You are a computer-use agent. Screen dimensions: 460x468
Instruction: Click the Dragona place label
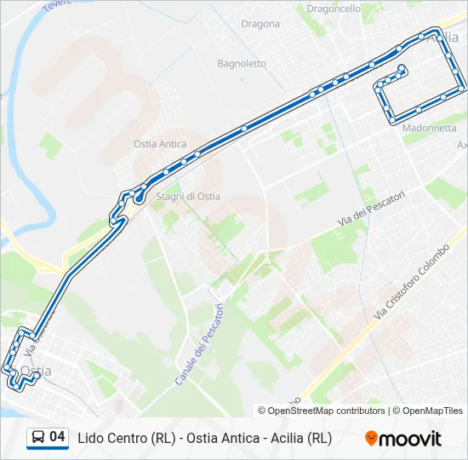click(x=260, y=24)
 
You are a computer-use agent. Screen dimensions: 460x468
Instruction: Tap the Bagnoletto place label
click(x=242, y=63)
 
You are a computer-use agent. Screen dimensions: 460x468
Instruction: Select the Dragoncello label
click(x=334, y=8)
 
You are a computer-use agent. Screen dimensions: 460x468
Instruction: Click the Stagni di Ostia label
click(x=188, y=196)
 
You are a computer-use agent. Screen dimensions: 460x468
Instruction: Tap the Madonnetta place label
click(x=430, y=128)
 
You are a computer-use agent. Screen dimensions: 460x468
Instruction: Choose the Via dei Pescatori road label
click(x=370, y=208)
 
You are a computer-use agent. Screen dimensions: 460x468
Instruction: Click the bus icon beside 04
click(x=38, y=438)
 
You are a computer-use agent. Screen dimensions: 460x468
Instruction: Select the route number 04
click(x=57, y=438)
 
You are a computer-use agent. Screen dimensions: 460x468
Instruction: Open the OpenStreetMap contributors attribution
click(x=327, y=411)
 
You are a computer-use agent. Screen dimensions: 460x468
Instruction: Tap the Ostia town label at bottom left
click(x=37, y=371)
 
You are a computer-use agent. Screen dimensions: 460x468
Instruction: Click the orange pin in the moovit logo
click(x=371, y=439)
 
